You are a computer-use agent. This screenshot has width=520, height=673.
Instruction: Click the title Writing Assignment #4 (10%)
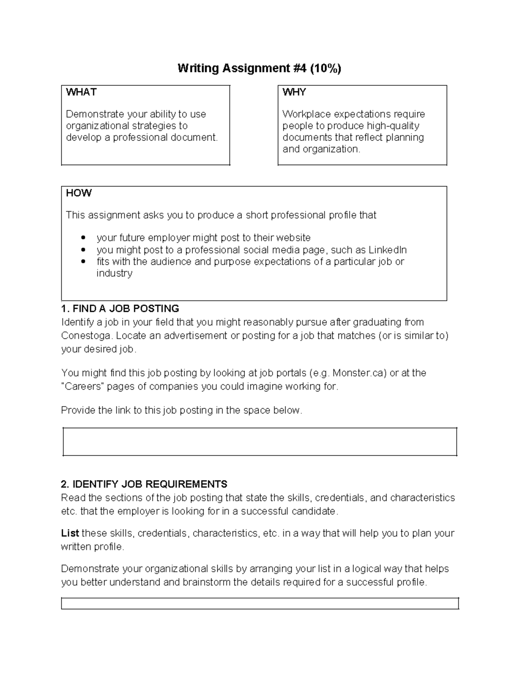(259, 68)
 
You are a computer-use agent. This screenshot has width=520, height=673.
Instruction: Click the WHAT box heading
(81, 92)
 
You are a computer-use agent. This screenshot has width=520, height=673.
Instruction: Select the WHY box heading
(294, 92)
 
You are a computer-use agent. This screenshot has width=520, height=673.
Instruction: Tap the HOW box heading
(78, 193)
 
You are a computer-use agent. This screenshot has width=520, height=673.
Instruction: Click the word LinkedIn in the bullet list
(387, 250)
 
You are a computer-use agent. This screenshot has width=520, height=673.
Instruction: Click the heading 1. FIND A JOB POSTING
(120, 309)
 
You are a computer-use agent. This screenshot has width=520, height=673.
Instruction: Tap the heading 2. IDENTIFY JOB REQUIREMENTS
(144, 484)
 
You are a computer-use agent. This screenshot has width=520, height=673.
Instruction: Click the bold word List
(70, 533)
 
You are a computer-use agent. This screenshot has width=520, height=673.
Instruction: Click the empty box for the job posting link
(260, 442)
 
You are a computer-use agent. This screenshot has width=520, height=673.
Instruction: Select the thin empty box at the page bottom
(260, 603)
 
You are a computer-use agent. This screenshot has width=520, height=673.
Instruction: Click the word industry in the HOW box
(114, 273)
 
